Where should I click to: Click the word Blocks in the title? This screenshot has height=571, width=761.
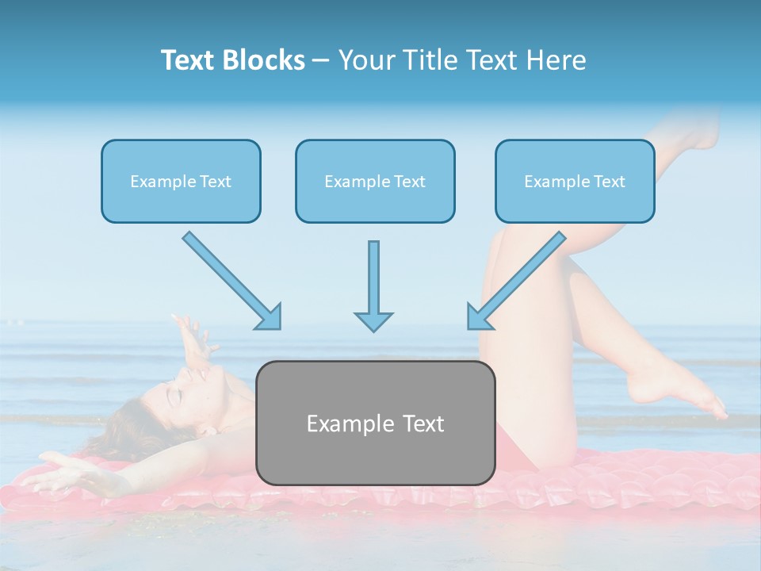(265, 60)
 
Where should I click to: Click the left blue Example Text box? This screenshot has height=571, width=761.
(181, 181)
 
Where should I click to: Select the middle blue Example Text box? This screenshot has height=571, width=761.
(375, 181)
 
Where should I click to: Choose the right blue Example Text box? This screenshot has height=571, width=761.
(575, 181)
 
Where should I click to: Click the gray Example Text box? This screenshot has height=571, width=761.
(375, 423)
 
